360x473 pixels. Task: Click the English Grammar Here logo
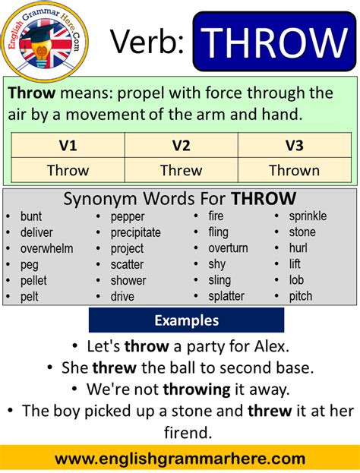click(44, 39)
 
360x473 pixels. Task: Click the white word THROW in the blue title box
click(274, 43)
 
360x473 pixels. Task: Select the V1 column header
click(68, 145)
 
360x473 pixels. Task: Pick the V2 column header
click(181, 145)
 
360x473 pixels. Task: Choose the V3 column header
click(294, 145)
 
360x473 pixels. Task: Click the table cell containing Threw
click(181, 170)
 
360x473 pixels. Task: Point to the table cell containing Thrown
click(294, 170)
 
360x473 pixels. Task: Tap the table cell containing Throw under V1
click(68, 170)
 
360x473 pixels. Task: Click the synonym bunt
click(31, 216)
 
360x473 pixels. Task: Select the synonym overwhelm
click(47, 248)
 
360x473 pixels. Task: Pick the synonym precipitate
click(136, 232)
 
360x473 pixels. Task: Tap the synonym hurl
click(298, 248)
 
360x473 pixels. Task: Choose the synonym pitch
click(301, 296)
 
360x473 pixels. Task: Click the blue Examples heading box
click(186, 320)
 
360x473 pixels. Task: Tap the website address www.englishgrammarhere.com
click(180, 459)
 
